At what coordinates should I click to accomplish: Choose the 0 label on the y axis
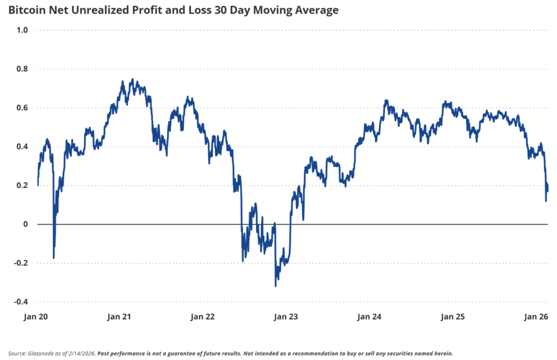click(x=24, y=224)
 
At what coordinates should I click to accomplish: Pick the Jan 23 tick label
click(x=286, y=316)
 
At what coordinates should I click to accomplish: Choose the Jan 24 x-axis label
click(x=369, y=316)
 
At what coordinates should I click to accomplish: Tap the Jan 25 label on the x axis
click(x=453, y=316)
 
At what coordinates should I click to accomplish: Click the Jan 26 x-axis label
click(x=535, y=316)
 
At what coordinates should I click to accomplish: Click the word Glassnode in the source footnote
click(x=40, y=353)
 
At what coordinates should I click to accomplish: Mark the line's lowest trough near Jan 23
click(x=276, y=285)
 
